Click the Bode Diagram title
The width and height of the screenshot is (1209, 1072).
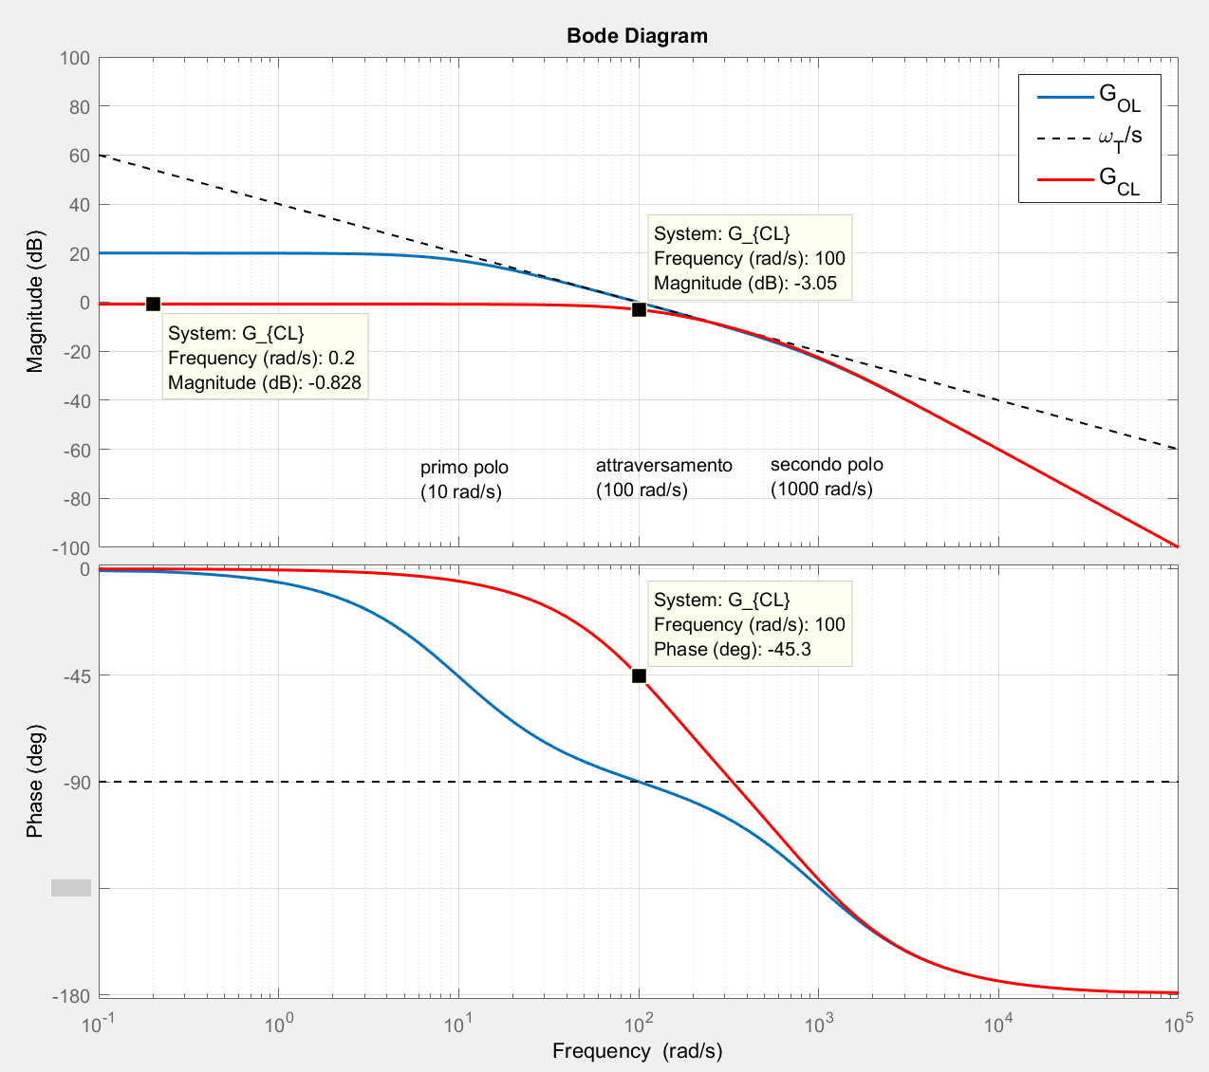(x=637, y=36)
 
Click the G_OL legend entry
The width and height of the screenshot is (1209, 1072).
(x=1089, y=98)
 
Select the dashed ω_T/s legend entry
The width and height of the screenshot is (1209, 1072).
(x=1089, y=138)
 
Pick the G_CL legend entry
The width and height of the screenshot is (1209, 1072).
(x=1089, y=179)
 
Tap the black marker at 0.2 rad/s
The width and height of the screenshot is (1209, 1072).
(x=153, y=304)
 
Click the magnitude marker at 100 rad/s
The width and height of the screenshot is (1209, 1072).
(x=639, y=309)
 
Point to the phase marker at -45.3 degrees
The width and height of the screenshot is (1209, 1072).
(x=639, y=675)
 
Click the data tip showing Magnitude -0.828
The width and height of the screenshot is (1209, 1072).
(x=265, y=358)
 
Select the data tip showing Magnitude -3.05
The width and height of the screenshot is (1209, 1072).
(x=749, y=258)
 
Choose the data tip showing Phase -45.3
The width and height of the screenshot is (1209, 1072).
(x=749, y=624)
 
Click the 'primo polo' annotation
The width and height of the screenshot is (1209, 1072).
(x=464, y=479)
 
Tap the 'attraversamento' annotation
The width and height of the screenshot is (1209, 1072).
(x=663, y=477)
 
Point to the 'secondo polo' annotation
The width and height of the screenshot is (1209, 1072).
(x=826, y=476)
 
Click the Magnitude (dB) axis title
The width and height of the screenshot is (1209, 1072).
(x=35, y=301)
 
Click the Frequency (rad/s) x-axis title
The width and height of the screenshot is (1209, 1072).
(x=637, y=1051)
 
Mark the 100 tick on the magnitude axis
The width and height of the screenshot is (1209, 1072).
(x=75, y=59)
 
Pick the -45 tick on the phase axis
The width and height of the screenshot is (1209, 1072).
(x=75, y=675)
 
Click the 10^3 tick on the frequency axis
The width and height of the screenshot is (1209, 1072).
(x=818, y=1025)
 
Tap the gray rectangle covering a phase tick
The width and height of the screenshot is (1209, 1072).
(x=71, y=888)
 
